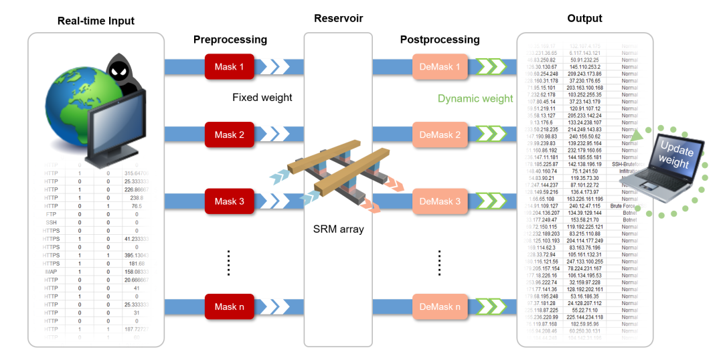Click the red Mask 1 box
coord(230,67)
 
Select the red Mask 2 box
coord(230,135)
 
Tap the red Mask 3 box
coord(230,201)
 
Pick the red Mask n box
coord(230,307)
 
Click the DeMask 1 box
coord(440,67)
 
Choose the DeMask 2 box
coord(440,135)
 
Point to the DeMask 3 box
coord(440,201)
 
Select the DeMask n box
coord(440,307)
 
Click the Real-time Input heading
coord(96,21)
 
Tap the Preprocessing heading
coord(230,39)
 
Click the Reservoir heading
coord(338,18)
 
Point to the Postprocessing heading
coord(440,39)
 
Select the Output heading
coord(584,18)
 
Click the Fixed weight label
coord(262,98)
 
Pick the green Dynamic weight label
coord(475,98)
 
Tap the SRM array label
coord(338,230)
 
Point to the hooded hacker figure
coord(124,77)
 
